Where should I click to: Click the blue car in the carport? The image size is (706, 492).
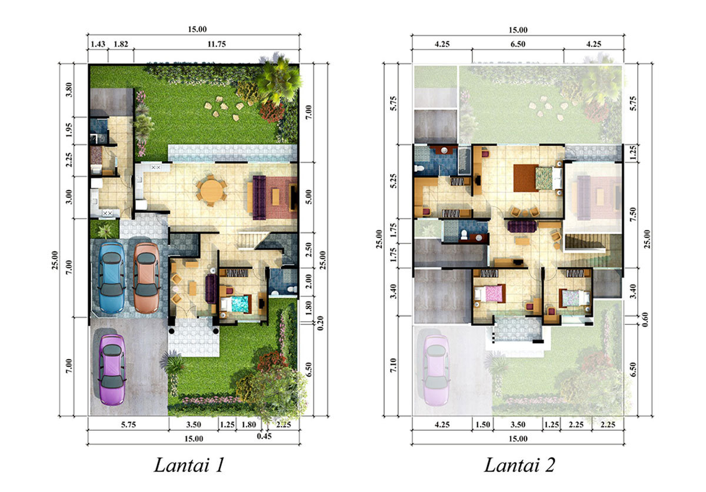tap(111, 278)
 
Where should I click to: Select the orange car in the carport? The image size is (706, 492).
tap(146, 278)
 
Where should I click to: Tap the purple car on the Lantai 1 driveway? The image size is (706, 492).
tap(112, 370)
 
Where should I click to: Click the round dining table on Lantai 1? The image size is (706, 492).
tap(211, 190)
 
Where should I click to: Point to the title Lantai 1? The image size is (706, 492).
tap(189, 465)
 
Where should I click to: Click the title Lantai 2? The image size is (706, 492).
tap(519, 465)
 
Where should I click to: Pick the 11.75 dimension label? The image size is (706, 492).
tap(217, 44)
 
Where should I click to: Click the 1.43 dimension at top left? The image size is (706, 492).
tap(98, 44)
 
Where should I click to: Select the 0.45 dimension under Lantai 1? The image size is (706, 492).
tap(264, 436)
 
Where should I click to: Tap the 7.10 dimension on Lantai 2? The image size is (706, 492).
tap(393, 365)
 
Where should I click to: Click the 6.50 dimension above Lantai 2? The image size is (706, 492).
tap(518, 44)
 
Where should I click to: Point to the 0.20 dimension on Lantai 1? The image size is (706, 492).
tap(321, 323)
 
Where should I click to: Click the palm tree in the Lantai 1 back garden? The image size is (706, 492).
tap(279, 81)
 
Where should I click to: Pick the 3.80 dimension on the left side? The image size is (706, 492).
tap(69, 90)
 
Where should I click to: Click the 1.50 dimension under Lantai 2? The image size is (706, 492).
tap(482, 424)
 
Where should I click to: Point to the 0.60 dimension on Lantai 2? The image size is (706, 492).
tap(645, 320)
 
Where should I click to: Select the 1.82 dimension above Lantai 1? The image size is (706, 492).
tap(121, 44)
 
